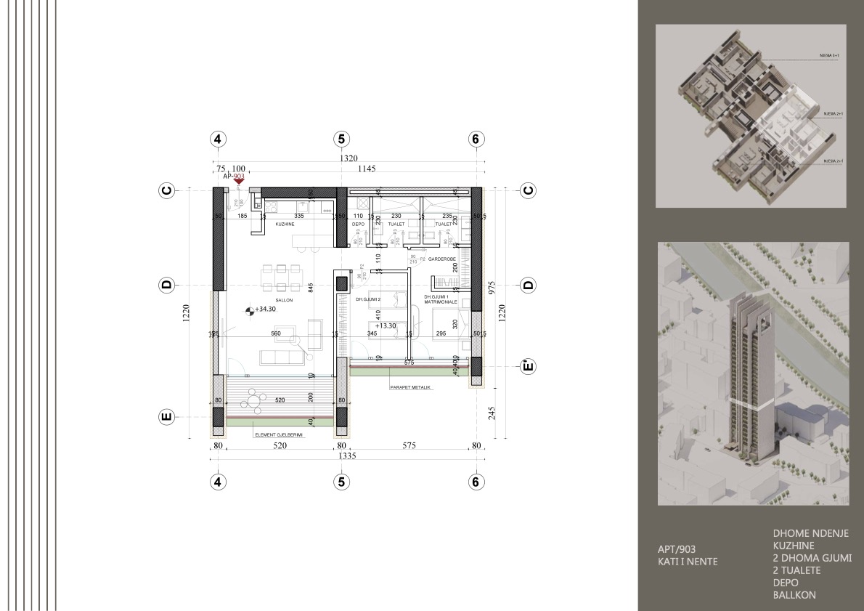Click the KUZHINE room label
[284, 225]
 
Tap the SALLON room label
[274, 299]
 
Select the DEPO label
[358, 225]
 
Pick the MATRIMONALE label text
[442, 302]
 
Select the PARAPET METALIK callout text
[410, 388]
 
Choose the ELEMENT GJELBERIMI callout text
[278, 435]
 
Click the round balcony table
[253, 399]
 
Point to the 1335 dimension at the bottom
[345, 458]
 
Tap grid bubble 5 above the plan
[341, 139]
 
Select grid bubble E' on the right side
[528, 365]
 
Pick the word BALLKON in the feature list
[794, 595]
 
